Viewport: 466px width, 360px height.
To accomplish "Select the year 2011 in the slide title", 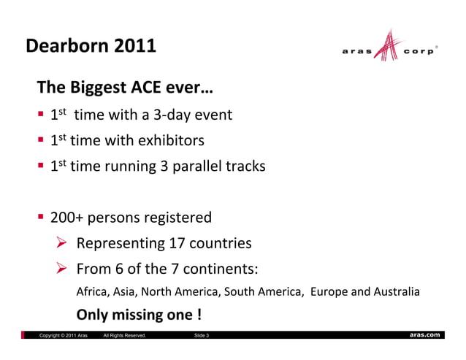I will pyautogui.click(x=135, y=46).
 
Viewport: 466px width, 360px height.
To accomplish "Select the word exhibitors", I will pyautogui.click(x=170, y=140).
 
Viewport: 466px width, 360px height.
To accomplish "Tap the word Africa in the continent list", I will pyautogui.click(x=92, y=293).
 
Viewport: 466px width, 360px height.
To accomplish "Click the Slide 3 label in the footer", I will pyautogui.click(x=200, y=335).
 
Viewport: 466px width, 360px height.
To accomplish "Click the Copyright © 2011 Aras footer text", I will pyautogui.click(x=64, y=335).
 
